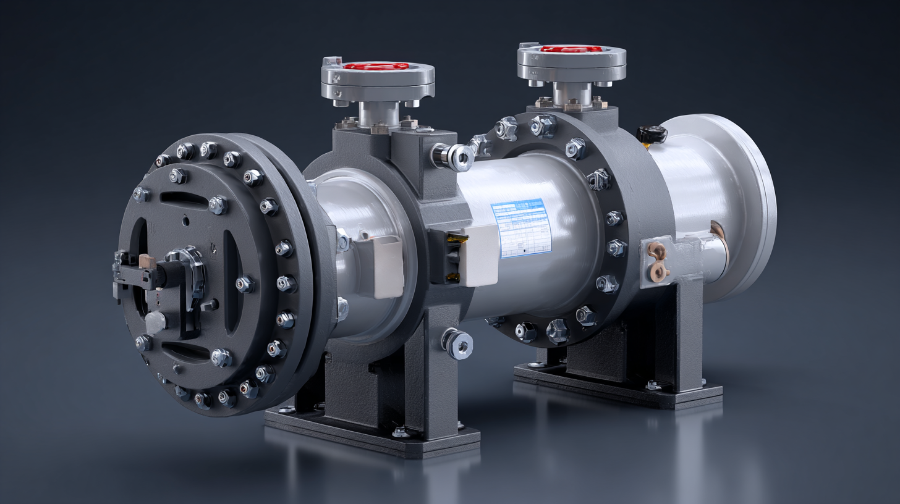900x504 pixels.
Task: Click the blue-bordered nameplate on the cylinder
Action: pyautogui.click(x=521, y=227)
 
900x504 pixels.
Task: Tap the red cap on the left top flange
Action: pyautogui.click(x=376, y=66)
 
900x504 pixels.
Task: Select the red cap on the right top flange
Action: pyautogui.click(x=571, y=48)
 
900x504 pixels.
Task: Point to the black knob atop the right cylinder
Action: pyautogui.click(x=652, y=133)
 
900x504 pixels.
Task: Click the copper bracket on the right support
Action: pyautogui.click(x=657, y=260)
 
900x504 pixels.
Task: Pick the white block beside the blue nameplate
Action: pyautogui.click(x=480, y=254)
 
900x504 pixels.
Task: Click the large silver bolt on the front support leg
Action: pyautogui.click(x=458, y=343)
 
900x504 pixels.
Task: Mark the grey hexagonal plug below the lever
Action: pyautogui.click(x=155, y=322)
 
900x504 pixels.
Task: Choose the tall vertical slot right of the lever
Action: pyautogui.click(x=231, y=281)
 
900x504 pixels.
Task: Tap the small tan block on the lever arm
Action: pyautogui.click(x=147, y=261)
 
